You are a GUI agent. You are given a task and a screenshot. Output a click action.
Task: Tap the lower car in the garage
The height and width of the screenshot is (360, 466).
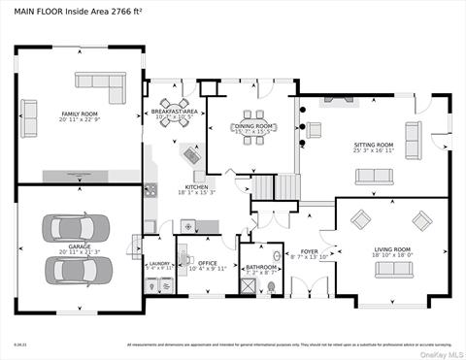tap(78, 268)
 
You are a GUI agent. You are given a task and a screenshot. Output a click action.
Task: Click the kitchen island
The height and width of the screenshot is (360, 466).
tap(191, 154)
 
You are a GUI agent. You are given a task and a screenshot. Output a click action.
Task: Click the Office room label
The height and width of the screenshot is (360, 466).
tap(207, 261)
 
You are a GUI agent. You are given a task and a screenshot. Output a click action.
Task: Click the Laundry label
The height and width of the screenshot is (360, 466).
tap(158, 262)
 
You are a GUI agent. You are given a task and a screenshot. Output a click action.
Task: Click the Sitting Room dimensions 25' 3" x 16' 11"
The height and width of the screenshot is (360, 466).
tap(374, 150)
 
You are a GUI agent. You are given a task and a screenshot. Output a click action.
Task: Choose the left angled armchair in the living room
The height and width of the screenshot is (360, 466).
tap(361, 220)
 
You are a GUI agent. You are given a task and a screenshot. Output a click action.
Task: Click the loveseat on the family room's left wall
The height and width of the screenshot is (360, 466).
tap(30, 116)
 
